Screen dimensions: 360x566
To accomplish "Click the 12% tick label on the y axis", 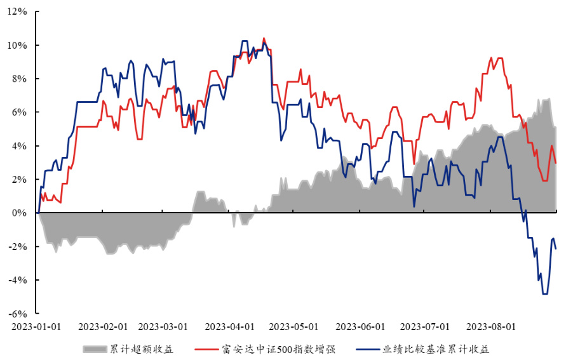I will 18,12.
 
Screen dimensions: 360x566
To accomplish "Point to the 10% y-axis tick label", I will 18,46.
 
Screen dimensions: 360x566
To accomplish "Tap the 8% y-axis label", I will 20,79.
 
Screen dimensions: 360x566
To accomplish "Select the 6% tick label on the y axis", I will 20,112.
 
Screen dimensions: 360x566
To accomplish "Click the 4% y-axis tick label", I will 20,146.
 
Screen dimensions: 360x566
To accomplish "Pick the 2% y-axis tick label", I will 20,180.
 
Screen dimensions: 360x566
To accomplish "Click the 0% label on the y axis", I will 20,213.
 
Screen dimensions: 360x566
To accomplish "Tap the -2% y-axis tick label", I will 19,246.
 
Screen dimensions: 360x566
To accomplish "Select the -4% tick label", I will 19,280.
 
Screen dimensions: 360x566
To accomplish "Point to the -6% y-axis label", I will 19,314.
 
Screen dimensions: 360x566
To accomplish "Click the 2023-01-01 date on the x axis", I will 37,327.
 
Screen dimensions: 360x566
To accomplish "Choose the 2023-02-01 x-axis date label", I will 103,327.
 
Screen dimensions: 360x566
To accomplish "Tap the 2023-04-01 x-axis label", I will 230,327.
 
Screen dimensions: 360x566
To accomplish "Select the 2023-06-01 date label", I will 360,327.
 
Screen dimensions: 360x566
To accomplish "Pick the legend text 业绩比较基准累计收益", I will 436,349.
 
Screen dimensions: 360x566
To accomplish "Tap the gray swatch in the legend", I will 94,349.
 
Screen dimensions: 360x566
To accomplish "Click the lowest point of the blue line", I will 545,294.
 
